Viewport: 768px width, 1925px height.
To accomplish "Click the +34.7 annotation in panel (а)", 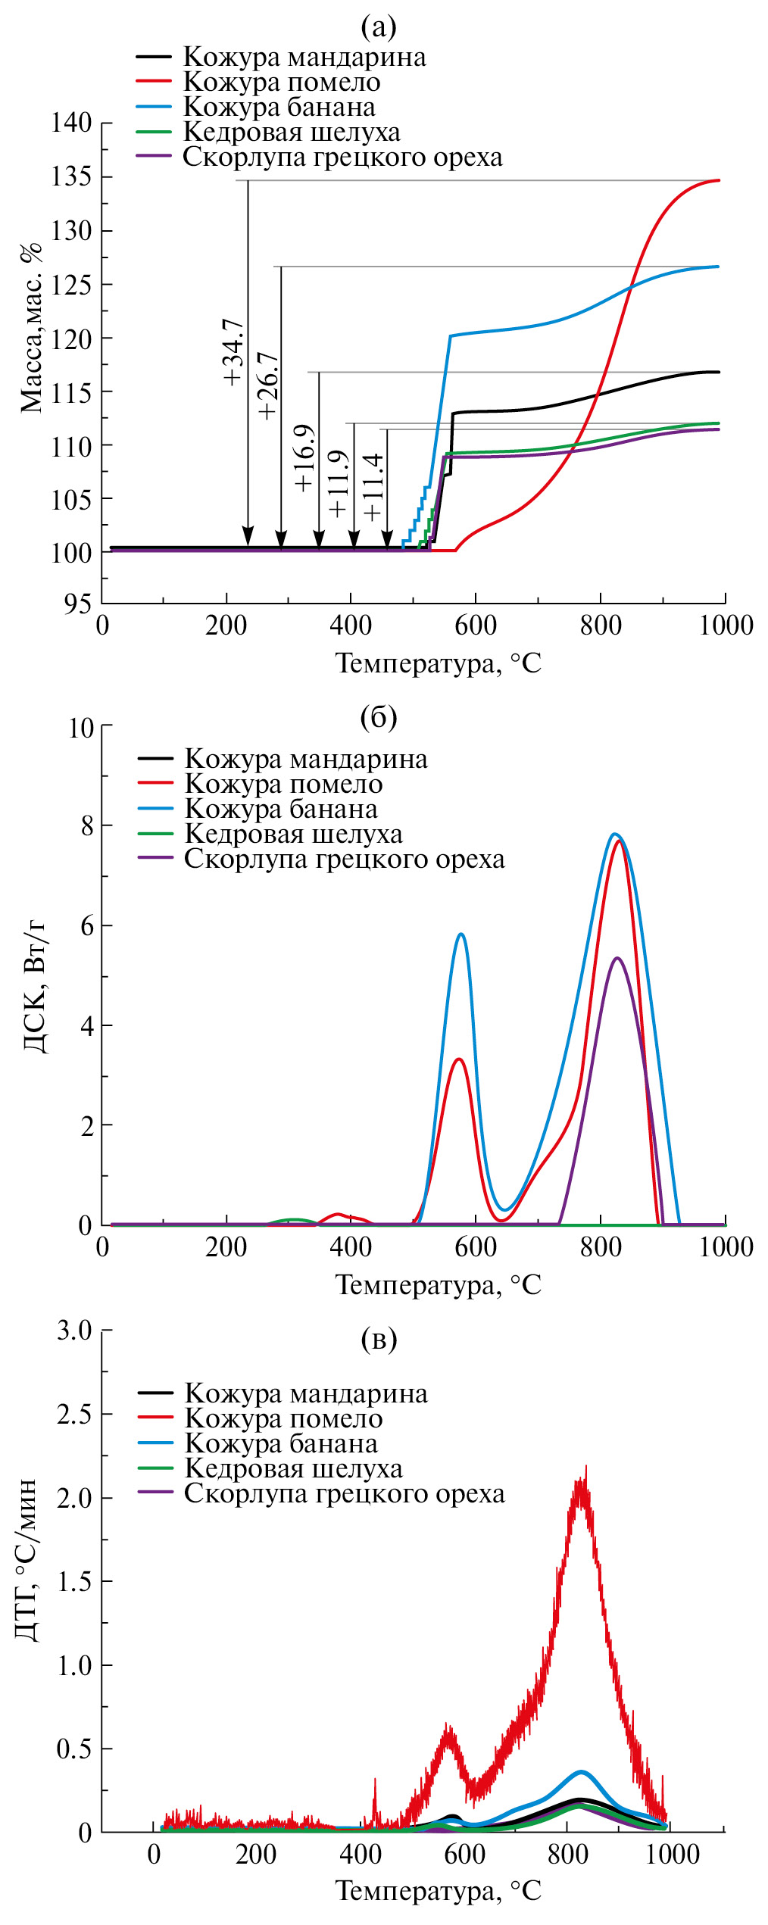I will pos(233,352).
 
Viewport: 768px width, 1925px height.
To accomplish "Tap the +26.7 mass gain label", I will pos(268,385).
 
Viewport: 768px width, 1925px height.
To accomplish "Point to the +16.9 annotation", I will pos(304,458).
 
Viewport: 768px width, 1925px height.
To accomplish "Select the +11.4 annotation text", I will pos(373,488).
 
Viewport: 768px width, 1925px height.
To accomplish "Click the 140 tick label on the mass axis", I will pos(71,123).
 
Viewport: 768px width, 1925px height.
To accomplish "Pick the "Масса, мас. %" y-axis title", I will pos(31,328).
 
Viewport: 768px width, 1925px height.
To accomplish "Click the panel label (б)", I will pos(379,716).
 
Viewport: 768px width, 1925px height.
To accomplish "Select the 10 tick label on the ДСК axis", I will pos(80,729).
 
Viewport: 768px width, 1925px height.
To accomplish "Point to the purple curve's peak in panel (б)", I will pos(617,959).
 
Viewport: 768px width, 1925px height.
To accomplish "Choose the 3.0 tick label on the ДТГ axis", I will pos(74,1331).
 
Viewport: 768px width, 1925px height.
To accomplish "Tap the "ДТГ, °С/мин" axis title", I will pos(27,1559).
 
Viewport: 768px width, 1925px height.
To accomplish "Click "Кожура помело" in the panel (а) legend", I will pos(282,82).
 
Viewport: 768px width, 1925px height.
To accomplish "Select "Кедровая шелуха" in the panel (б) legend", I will pos(293,834).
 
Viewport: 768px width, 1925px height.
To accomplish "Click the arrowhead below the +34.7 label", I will pos(248,535).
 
